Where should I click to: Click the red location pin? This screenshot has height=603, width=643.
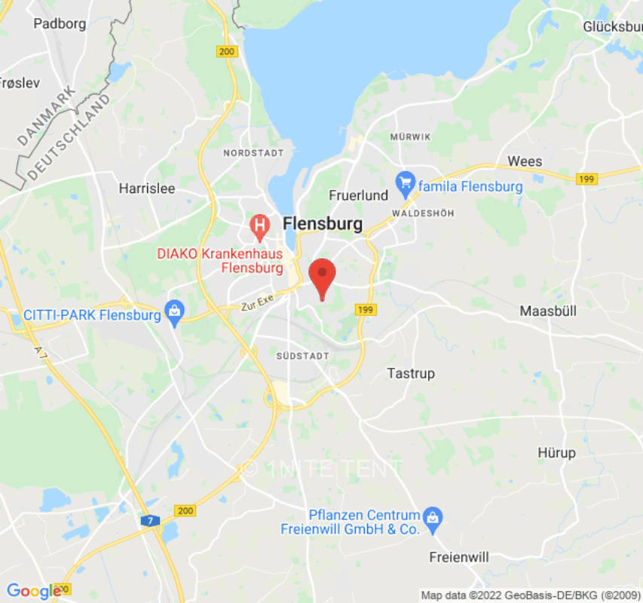pyautogui.click(x=323, y=276)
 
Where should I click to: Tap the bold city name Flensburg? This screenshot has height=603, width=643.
pyautogui.click(x=322, y=224)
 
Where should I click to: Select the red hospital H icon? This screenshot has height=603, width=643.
pyautogui.click(x=259, y=225)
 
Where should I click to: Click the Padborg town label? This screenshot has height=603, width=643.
pyautogui.click(x=60, y=23)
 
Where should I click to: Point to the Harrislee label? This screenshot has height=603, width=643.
pyautogui.click(x=146, y=188)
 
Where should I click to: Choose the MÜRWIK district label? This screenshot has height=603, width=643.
pyautogui.click(x=410, y=136)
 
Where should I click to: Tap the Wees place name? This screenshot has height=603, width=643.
pyautogui.click(x=525, y=161)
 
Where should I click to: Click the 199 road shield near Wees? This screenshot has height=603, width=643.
pyautogui.click(x=586, y=179)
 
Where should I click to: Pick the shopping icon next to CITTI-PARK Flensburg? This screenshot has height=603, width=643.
pyautogui.click(x=175, y=311)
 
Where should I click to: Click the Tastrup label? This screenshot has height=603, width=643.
pyautogui.click(x=411, y=373)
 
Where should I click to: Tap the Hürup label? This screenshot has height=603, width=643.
pyautogui.click(x=556, y=453)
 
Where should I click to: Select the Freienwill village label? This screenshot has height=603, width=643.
pyautogui.click(x=458, y=557)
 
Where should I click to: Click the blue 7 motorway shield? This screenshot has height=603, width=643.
pyautogui.click(x=149, y=520)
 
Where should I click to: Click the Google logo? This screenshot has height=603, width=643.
pyautogui.click(x=33, y=592)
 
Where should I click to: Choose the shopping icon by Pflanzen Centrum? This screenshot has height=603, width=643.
pyautogui.click(x=433, y=517)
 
